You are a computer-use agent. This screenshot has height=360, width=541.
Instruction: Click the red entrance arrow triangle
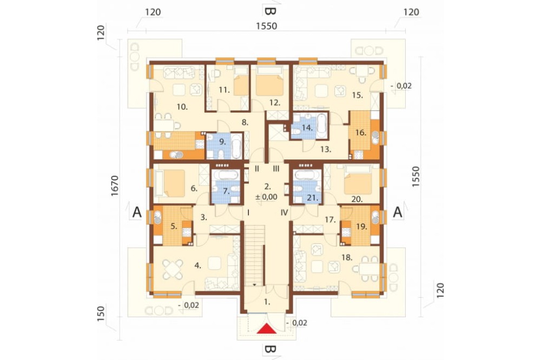click(x=267, y=329)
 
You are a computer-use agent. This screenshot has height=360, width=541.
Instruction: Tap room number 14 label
click(x=307, y=128)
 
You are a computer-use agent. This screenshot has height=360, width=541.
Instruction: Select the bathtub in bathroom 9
click(x=237, y=146)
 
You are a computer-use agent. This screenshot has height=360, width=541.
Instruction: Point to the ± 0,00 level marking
click(x=266, y=197)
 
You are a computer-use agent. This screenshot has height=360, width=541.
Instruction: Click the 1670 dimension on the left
click(x=115, y=186)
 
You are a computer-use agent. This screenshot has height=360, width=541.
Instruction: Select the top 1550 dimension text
click(x=266, y=26)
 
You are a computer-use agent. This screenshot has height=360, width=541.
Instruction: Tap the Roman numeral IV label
click(x=284, y=213)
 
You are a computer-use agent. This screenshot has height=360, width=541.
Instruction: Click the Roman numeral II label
click(x=257, y=169)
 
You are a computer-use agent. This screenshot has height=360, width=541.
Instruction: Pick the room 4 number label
click(x=197, y=265)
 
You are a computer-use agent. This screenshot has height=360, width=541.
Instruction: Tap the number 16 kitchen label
click(x=360, y=132)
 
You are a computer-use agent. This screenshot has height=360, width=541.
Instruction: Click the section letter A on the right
click(x=398, y=212)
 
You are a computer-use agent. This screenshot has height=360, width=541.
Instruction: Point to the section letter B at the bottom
click(x=269, y=350)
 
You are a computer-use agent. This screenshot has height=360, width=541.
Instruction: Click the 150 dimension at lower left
click(x=101, y=314)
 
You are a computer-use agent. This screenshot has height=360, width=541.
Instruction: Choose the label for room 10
click(x=182, y=107)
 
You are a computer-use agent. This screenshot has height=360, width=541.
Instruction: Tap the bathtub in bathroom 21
click(x=307, y=175)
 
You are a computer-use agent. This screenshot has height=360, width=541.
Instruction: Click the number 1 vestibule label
click(x=267, y=302)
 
